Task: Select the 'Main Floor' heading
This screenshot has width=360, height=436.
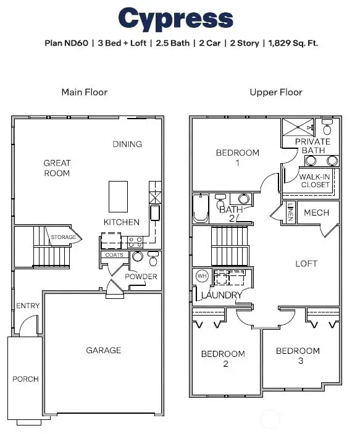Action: coord(84,92)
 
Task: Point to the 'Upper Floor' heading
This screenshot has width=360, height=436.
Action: coord(276,92)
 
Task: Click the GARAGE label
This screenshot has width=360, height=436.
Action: coord(103,350)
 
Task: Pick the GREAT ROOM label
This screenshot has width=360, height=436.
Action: coord(57,168)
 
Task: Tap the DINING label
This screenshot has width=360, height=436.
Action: coord(127,144)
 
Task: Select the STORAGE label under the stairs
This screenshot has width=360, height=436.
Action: coord(63,237)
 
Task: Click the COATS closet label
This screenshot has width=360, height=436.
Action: coord(114,254)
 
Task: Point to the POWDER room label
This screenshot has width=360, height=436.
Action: coord(141,277)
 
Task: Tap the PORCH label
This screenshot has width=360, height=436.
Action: coord(25,379)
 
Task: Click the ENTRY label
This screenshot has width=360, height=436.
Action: coord(27,306)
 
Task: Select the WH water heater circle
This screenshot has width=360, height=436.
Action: coord(202,276)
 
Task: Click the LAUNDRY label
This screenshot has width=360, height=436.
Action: coord(221,295)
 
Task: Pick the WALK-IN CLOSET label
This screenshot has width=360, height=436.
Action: coord(315,180)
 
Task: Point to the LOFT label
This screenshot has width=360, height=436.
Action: coord(306,263)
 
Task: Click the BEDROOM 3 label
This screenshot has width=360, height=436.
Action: coord(298,356)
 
